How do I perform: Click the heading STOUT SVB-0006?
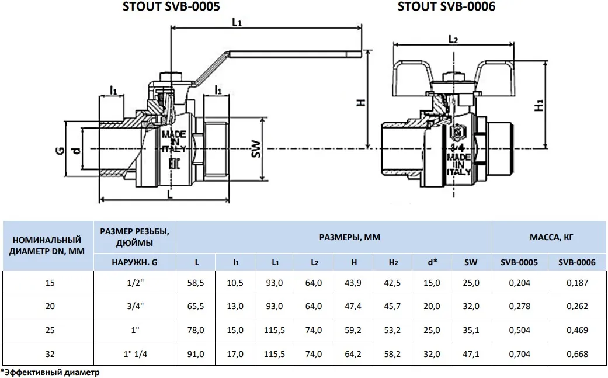coord(446,7)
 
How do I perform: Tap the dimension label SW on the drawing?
coord(256,149)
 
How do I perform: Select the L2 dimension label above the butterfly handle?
coord(453,39)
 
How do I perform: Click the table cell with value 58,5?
coord(196,283)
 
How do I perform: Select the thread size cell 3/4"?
coord(135,307)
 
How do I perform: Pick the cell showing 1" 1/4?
coord(135,354)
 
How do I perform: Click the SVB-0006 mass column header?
coord(576,262)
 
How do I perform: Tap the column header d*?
coord(432,262)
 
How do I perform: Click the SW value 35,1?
coord(471,330)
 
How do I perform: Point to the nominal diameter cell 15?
coord(49,283)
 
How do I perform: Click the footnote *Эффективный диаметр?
coord(50,372)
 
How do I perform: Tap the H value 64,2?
coord(353,354)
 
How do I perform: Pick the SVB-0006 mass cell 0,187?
coord(576,283)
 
